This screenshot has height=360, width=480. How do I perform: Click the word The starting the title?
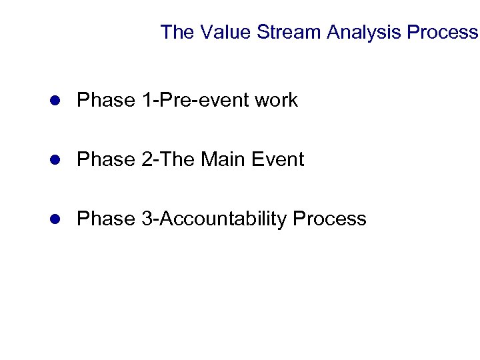click(x=176, y=32)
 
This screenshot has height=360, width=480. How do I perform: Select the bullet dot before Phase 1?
click(x=57, y=101)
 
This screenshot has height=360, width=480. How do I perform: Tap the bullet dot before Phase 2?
click(x=57, y=160)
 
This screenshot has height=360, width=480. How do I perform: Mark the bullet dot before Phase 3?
click(x=57, y=219)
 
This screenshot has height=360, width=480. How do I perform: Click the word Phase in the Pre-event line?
click(x=105, y=101)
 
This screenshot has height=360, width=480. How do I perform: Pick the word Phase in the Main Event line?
click(x=105, y=159)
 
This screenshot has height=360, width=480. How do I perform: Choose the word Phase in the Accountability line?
click(x=105, y=218)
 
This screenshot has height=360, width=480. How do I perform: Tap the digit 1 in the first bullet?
click(x=145, y=101)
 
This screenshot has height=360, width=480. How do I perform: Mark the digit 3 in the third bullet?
click(x=145, y=218)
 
